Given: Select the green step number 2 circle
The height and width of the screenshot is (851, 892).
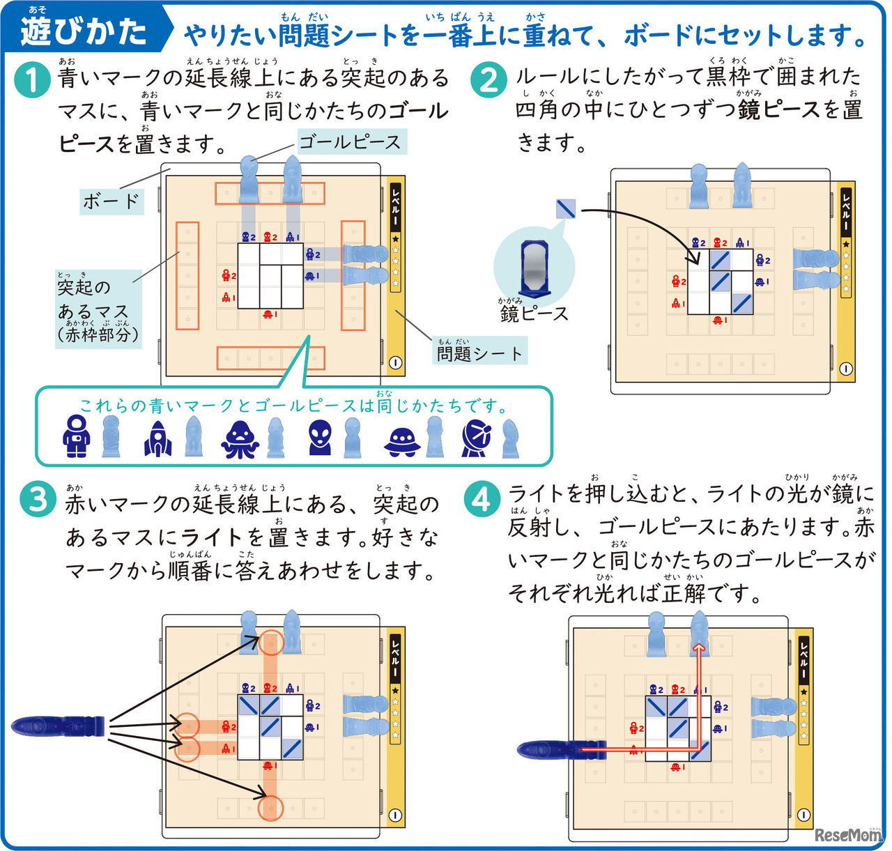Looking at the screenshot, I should [489, 80].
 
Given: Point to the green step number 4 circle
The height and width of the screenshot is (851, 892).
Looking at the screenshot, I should [482, 500].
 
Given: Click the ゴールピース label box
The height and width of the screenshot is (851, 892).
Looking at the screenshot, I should [351, 143].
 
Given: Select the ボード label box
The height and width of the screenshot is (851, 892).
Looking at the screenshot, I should [111, 201].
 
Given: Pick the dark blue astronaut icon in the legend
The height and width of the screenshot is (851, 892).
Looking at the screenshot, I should [75, 437].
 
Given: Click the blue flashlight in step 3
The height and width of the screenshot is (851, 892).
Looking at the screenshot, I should [59, 726].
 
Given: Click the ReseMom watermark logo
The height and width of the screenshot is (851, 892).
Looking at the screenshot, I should [847, 834].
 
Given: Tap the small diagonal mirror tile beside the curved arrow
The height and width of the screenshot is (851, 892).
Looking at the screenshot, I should [566, 208].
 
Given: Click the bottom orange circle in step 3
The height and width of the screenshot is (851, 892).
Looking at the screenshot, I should [270, 808].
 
